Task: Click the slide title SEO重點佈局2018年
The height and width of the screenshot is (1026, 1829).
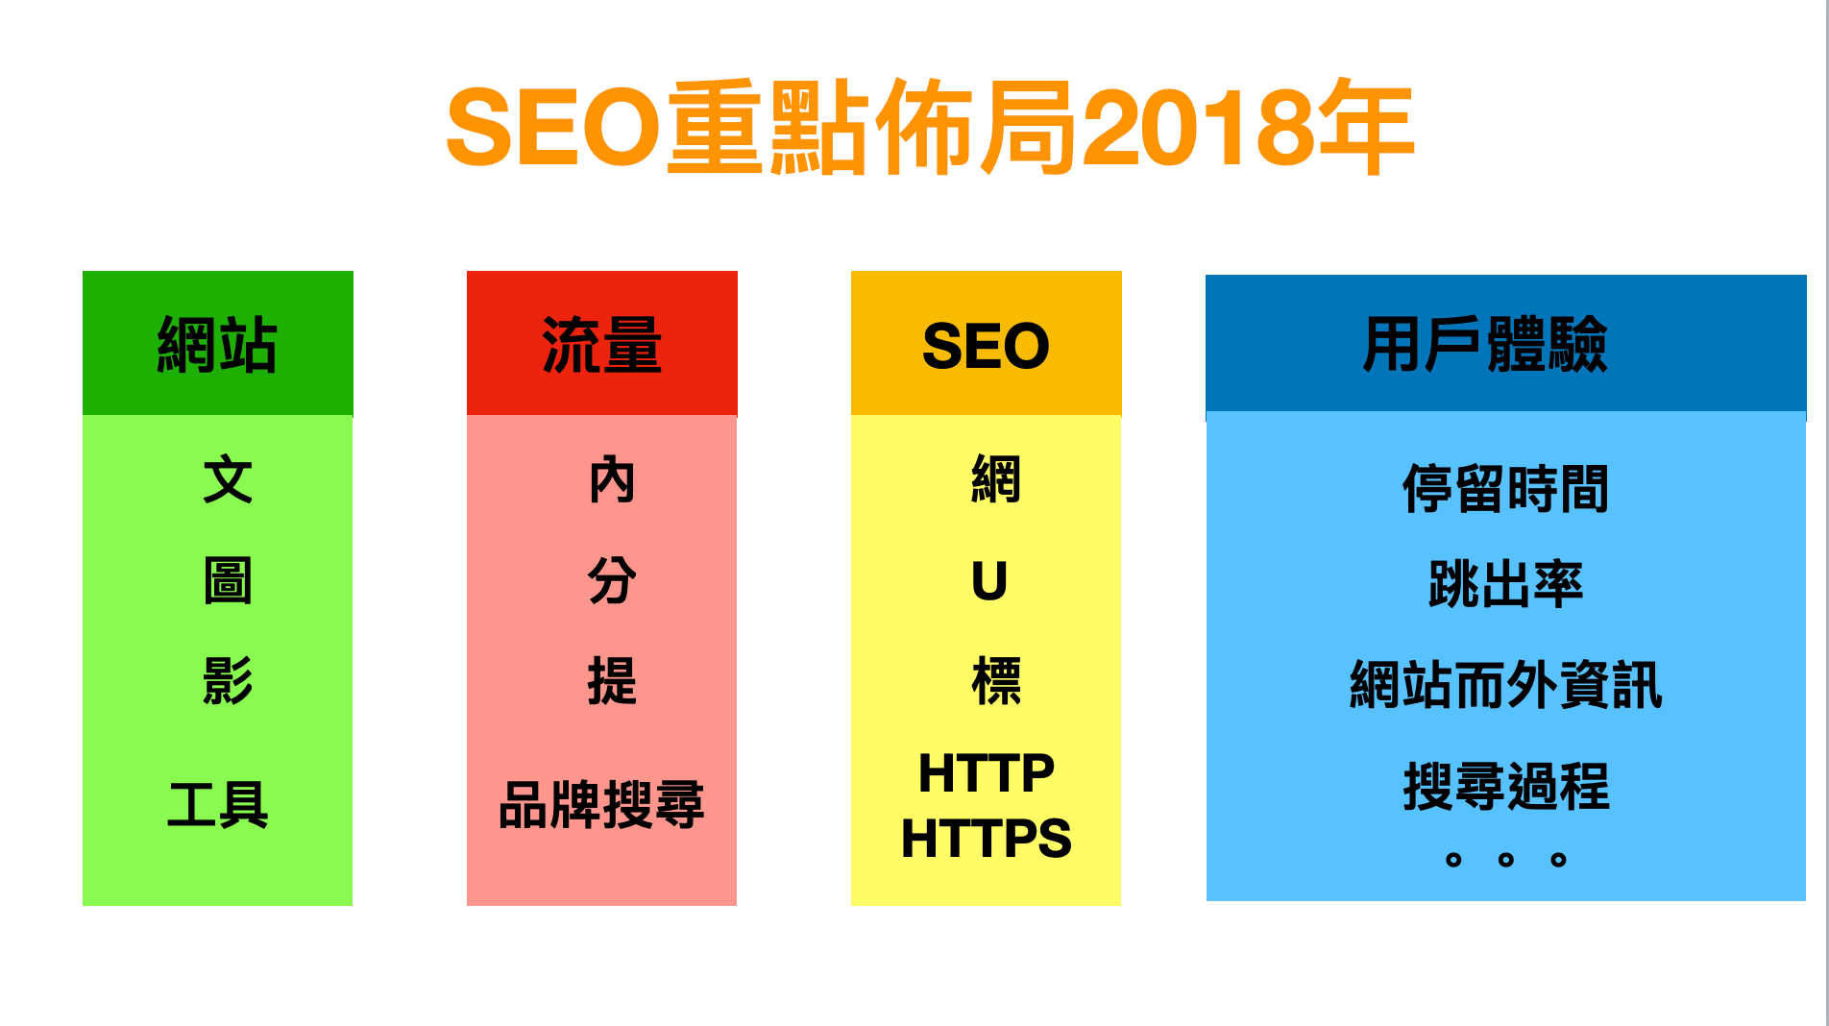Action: [930, 128]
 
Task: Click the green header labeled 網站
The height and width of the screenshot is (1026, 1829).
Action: [218, 343]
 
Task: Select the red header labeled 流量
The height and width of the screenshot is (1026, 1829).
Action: [602, 343]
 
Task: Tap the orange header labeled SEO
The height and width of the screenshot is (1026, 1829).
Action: [987, 343]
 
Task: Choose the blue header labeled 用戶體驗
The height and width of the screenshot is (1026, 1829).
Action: [1506, 344]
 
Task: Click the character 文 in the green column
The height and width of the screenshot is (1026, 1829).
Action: [228, 479]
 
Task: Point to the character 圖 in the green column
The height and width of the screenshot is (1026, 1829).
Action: [228, 580]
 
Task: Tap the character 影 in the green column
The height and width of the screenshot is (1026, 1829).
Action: [228, 681]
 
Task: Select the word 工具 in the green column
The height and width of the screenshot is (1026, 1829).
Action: [218, 804]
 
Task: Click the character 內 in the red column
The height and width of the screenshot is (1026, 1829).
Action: [612, 479]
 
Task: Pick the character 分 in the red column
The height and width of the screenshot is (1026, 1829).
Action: [612, 580]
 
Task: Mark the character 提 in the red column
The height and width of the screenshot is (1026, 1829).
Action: [612, 681]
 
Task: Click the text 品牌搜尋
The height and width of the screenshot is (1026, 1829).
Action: [602, 804]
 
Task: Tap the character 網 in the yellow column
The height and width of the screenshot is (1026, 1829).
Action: [996, 479]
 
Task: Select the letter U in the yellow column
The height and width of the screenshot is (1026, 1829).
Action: [989, 581]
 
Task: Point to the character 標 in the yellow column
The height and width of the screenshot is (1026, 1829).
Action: [996, 681]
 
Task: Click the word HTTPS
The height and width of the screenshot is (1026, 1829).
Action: [987, 838]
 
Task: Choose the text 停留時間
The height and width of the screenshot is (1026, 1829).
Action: [1506, 488]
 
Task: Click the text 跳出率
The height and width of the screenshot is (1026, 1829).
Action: [1506, 583]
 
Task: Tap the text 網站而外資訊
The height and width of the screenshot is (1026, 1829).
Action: [1506, 685]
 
